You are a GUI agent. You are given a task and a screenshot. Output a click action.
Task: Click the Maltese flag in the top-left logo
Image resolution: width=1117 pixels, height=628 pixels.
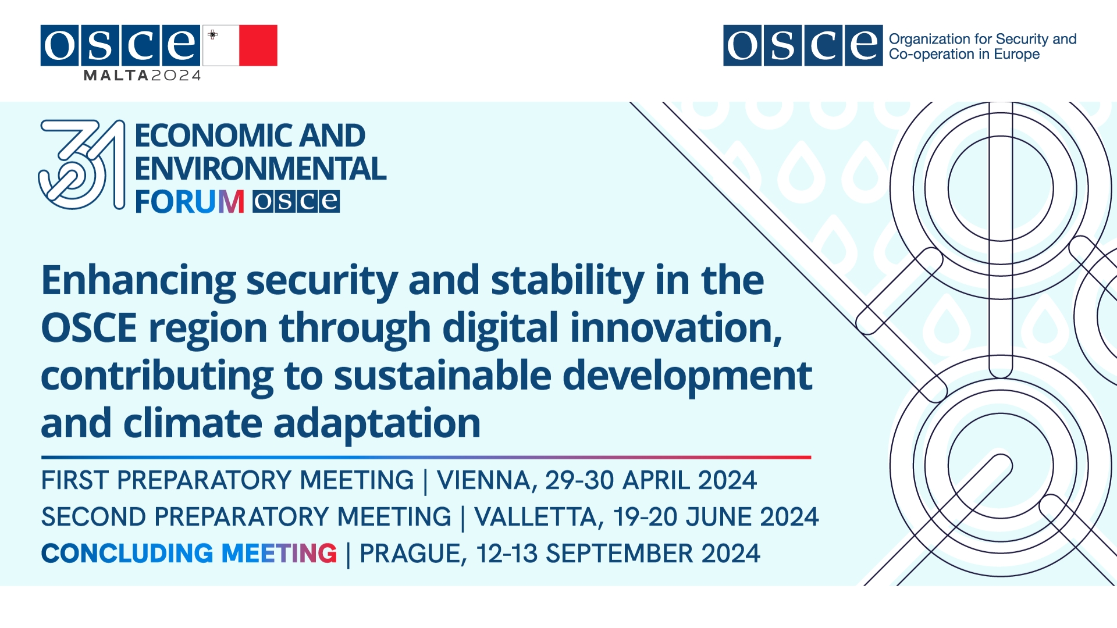(240, 45)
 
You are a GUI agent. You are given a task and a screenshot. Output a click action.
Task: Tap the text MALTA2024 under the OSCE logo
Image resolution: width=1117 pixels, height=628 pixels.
(143, 76)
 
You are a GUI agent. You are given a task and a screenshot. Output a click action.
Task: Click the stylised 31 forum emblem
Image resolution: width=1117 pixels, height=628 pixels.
(81, 165)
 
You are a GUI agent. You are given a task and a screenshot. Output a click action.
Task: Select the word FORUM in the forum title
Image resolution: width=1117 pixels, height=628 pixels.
(190, 202)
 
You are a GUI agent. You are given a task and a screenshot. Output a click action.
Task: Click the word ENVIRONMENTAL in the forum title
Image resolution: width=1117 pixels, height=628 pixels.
(261, 169)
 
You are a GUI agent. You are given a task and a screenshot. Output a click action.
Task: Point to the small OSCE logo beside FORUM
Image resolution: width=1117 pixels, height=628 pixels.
(296, 202)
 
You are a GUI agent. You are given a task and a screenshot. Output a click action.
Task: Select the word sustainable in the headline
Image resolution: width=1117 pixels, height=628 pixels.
(442, 376)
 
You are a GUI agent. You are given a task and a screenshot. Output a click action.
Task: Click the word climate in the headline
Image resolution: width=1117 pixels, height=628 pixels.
(193, 423)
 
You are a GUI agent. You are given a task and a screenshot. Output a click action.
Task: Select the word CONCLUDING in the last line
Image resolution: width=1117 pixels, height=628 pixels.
(127, 554)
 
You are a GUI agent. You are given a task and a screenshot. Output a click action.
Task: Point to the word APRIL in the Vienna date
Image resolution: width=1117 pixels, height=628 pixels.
(656, 480)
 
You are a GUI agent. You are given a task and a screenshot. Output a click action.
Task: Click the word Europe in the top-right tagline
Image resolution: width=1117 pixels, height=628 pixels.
(1017, 55)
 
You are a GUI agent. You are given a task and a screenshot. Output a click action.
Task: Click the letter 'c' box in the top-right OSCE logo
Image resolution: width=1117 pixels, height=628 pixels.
(823, 45)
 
